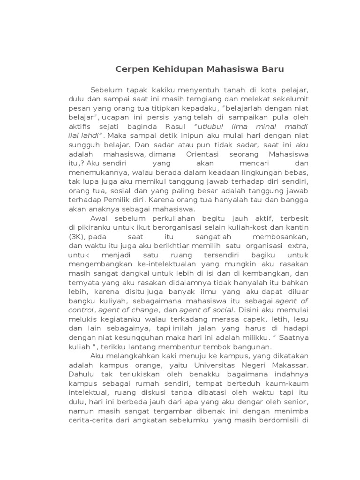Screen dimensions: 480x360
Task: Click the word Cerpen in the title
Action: point(132,69)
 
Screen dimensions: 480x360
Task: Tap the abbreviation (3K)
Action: point(77,237)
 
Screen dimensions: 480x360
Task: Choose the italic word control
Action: point(81,310)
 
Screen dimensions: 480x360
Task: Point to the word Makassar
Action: point(288,365)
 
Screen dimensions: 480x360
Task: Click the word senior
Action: point(297,402)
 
